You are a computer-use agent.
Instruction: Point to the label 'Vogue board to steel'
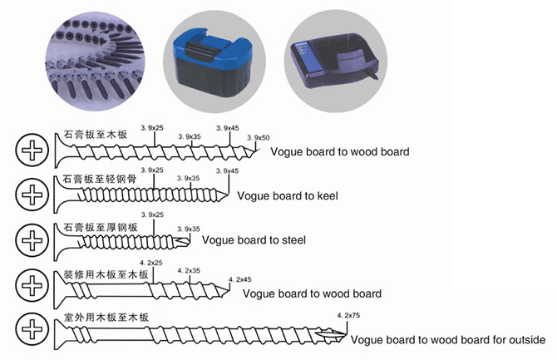coord(254,240)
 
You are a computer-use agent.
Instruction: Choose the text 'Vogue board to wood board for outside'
coord(448,339)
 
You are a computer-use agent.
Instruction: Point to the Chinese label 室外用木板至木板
coord(100,318)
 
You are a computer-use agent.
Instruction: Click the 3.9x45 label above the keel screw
coord(227,170)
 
